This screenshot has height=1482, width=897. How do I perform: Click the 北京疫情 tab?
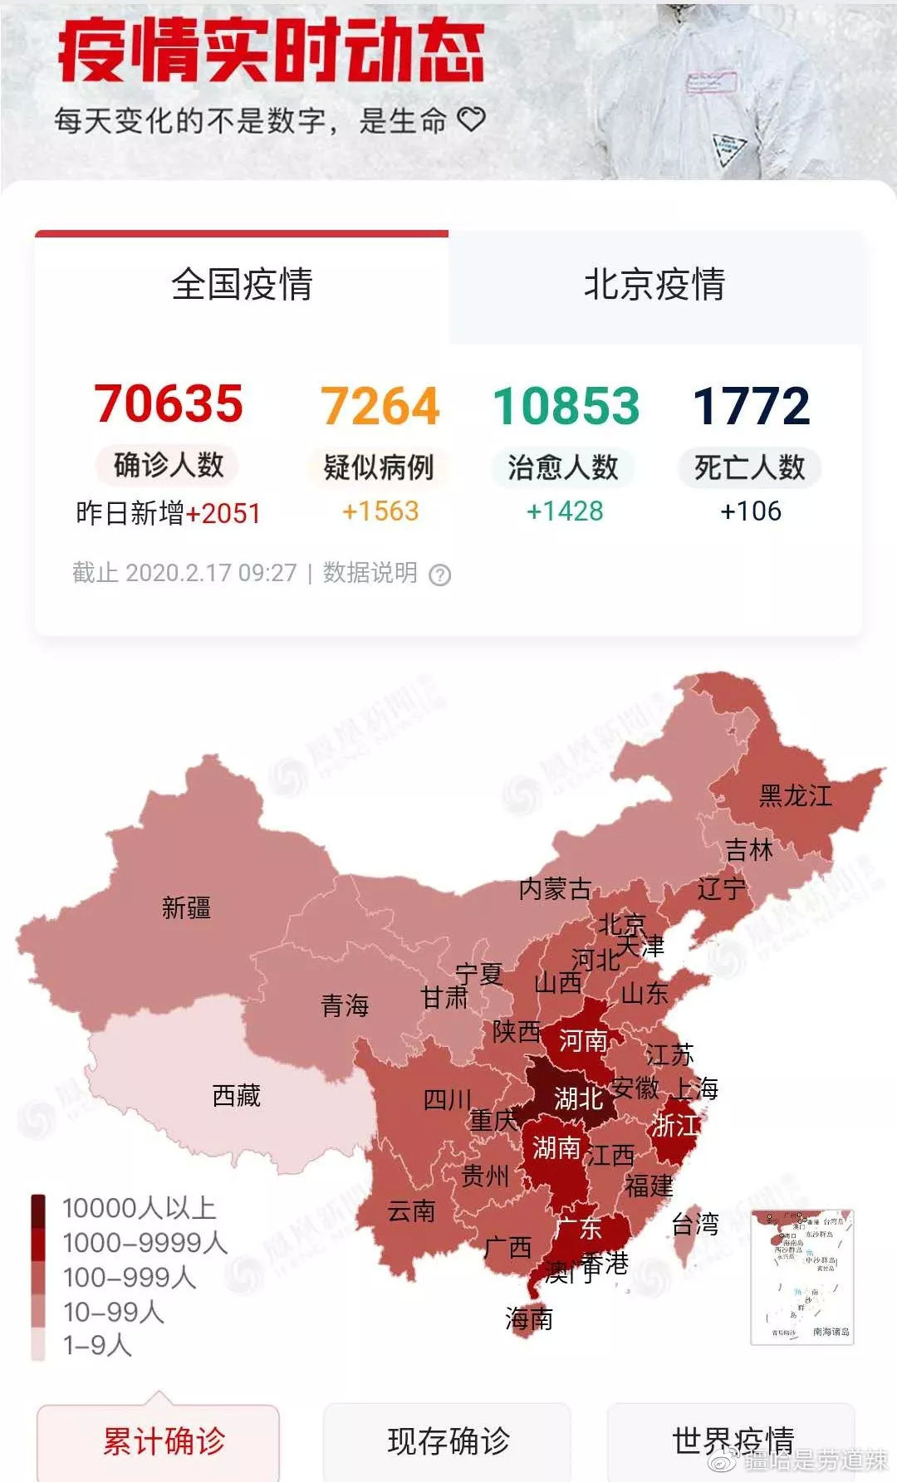tap(654, 285)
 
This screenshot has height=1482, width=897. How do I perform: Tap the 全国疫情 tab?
tap(242, 285)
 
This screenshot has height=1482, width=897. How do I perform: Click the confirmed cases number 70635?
tap(169, 404)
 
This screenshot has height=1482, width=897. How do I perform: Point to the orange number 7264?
tap(380, 407)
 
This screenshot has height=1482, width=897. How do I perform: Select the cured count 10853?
tap(566, 407)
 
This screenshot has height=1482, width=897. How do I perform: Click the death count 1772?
tap(751, 407)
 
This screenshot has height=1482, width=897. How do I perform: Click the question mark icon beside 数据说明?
tap(439, 575)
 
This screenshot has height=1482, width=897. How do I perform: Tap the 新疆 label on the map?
tap(186, 908)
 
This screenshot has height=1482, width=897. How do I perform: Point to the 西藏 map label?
tap(237, 1096)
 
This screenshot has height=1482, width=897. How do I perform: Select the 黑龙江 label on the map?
tap(795, 795)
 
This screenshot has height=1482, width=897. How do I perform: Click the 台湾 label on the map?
tap(695, 1224)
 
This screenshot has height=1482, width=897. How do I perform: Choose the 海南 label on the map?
tap(529, 1318)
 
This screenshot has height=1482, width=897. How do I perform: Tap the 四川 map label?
tap(448, 1100)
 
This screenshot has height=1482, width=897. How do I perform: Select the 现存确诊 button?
tap(448, 1440)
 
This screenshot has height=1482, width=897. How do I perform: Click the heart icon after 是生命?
tap(471, 120)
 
